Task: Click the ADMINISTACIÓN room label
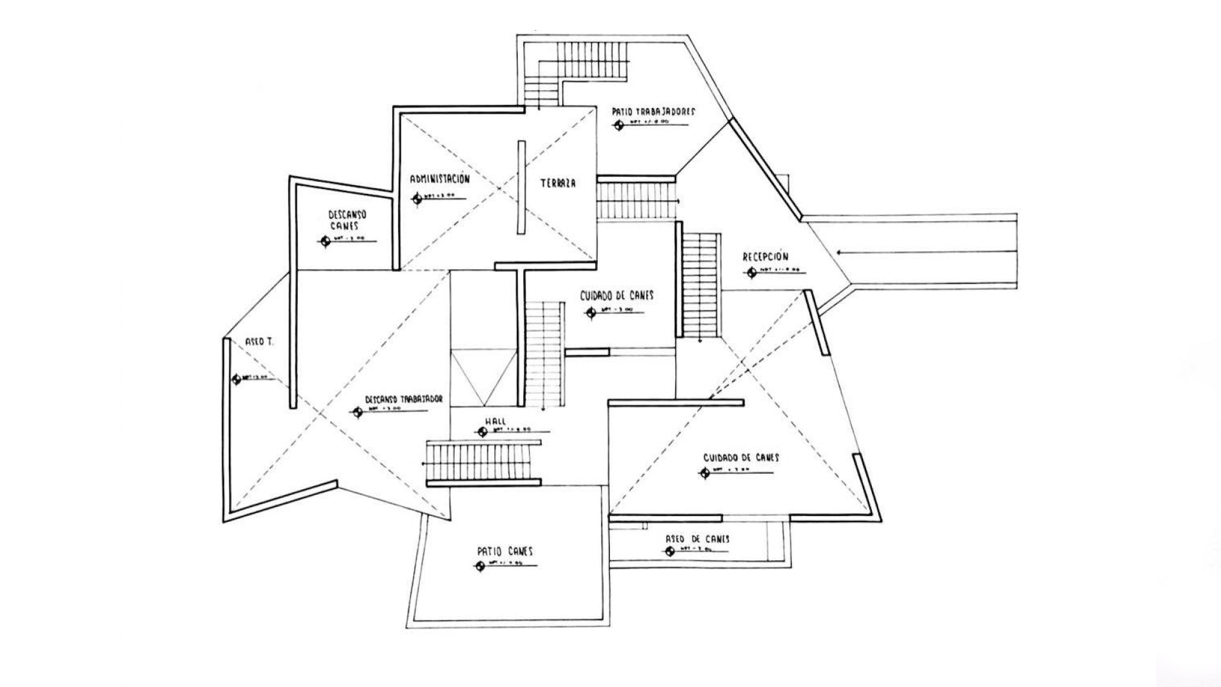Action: tap(439, 179)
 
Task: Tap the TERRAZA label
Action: tap(558, 184)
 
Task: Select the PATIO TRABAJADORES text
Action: tap(654, 111)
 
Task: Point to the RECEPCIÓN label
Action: tap(766, 257)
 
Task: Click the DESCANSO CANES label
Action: tap(347, 220)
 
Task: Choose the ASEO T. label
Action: tap(259, 342)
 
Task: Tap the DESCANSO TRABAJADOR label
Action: tap(404, 399)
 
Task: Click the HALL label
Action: tap(495, 421)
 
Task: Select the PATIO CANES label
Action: tap(505, 552)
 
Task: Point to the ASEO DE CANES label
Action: tap(698, 539)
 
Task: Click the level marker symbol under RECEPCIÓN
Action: tap(752, 273)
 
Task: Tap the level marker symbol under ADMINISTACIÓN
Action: tap(417, 198)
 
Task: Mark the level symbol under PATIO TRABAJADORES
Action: tap(618, 125)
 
